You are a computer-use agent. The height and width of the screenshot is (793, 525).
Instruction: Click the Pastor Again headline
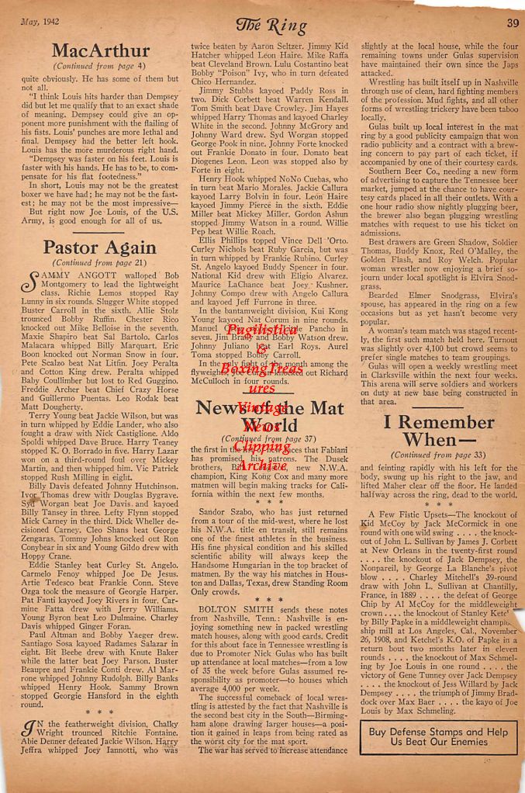click(x=98, y=248)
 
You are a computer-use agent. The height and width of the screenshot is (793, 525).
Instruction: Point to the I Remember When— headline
click(x=438, y=432)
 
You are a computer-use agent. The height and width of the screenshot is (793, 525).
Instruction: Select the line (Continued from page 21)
click(x=98, y=263)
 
